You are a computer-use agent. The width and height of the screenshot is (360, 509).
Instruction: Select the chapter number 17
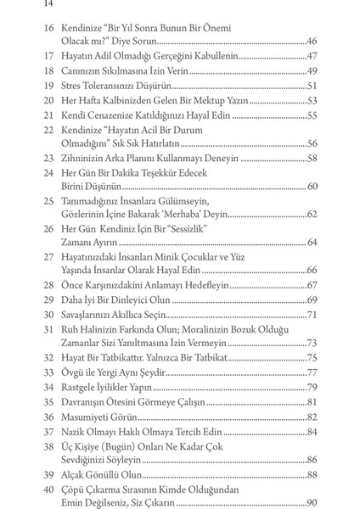point(47,56)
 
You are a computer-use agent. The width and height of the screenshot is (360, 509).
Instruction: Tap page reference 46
point(311,41)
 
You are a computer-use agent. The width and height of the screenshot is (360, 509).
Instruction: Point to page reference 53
point(311,100)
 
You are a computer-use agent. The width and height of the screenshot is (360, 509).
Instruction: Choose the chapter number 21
point(47,115)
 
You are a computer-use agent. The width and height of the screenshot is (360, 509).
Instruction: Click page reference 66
point(311,270)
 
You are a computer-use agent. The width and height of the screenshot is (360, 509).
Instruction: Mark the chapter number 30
point(47,315)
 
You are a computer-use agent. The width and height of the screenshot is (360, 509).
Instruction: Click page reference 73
point(311,343)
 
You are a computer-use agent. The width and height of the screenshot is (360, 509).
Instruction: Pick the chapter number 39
point(47,475)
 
